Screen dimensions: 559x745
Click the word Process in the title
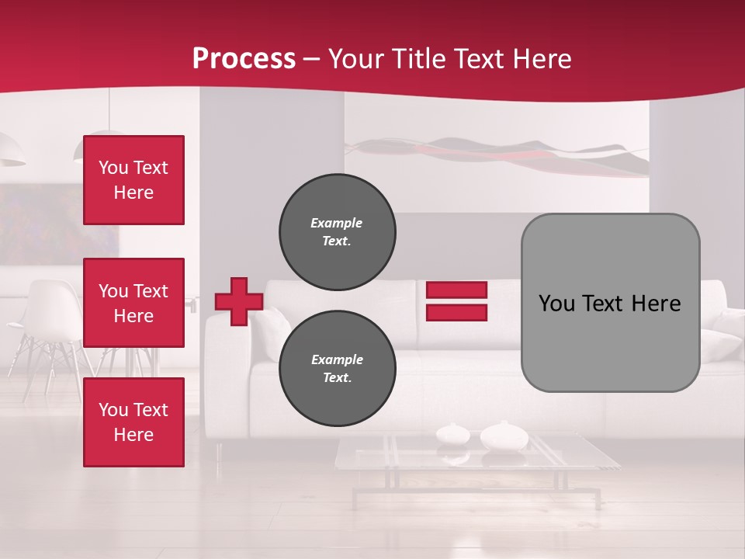click(x=244, y=59)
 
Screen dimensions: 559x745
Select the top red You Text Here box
click(x=133, y=180)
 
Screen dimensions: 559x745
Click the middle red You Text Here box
click(x=133, y=303)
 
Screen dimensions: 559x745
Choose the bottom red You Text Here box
click(x=133, y=422)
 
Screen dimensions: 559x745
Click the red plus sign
click(x=238, y=301)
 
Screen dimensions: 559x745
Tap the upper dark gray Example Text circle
click(x=337, y=232)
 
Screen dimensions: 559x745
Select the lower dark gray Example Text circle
click(x=337, y=369)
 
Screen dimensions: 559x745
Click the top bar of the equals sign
click(x=456, y=290)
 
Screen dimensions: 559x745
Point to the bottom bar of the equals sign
click(x=456, y=313)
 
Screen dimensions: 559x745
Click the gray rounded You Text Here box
click(x=610, y=303)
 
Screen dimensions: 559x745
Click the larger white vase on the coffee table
click(x=504, y=436)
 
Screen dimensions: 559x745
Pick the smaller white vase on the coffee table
click(x=452, y=433)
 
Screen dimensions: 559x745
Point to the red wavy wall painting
click(x=497, y=155)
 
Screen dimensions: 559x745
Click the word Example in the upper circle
click(x=337, y=223)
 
